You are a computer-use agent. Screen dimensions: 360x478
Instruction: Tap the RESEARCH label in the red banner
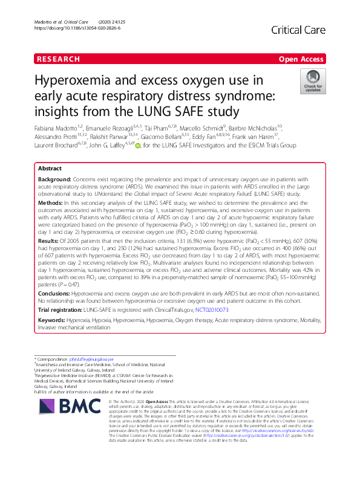[59, 59]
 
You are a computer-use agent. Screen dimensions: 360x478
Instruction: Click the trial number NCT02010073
[211, 310]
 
